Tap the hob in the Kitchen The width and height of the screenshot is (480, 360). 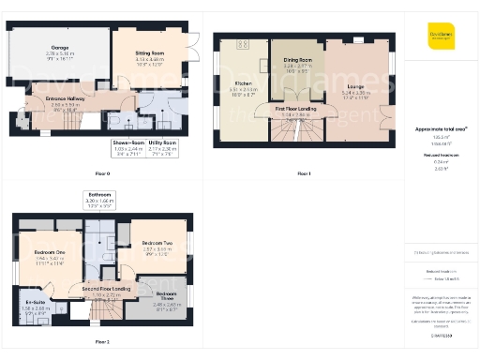click(x=243, y=44)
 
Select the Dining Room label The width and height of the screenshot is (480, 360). click(x=296, y=65)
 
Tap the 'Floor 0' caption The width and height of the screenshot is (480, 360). click(x=102, y=174)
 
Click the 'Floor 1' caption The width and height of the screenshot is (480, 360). click(x=303, y=174)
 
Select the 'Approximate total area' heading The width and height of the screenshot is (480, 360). click(x=440, y=128)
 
